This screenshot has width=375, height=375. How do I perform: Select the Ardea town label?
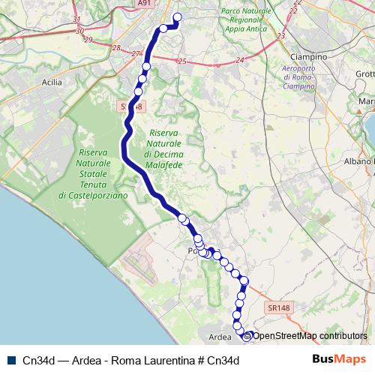tap(219, 337)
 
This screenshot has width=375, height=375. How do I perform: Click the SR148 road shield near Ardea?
tap(277, 307)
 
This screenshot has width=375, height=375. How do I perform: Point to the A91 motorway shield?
tap(144, 4)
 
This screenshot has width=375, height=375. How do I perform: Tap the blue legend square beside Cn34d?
tap(11, 360)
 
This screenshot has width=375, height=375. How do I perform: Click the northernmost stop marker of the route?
tap(178, 17)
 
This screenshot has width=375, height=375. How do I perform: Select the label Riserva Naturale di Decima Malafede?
tap(163, 142)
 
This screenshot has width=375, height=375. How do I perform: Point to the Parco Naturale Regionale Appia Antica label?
tap(246, 21)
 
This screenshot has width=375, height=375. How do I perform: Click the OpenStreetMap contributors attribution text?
tap(310, 336)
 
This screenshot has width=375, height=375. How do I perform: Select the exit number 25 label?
tap(182, 61)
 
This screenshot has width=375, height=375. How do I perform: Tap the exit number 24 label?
tap(241, 59)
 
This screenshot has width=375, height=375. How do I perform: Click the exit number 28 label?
tap(115, 47)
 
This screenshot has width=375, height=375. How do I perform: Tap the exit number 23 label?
tap(280, 35)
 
